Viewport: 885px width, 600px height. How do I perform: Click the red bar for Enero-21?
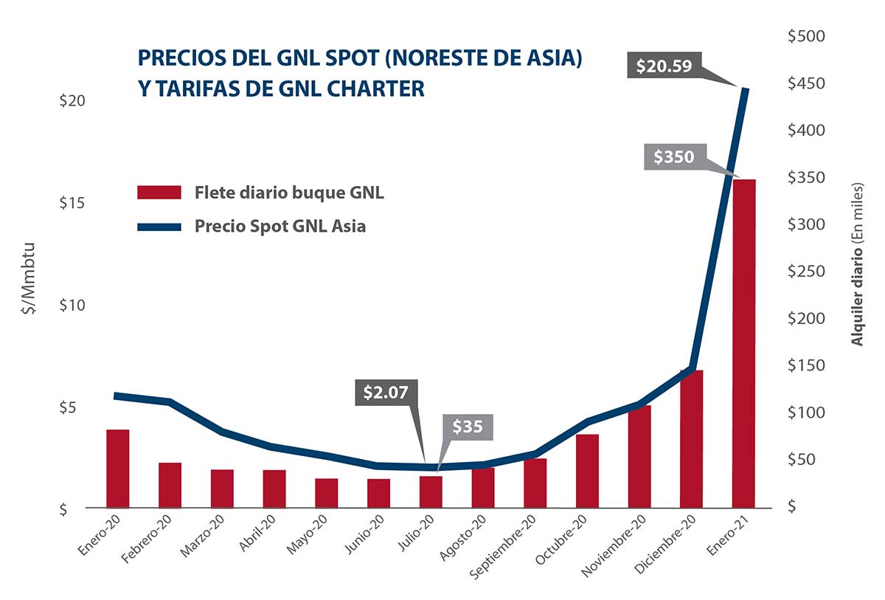[743, 343]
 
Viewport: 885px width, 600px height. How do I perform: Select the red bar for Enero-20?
[118, 469]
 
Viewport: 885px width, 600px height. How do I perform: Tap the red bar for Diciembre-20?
[692, 439]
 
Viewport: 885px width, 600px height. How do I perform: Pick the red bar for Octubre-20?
[587, 471]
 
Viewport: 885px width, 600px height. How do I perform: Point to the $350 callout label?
[674, 157]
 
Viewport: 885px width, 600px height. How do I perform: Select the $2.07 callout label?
[386, 392]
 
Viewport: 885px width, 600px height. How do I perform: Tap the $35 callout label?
[467, 427]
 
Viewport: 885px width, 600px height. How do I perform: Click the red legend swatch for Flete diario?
[159, 193]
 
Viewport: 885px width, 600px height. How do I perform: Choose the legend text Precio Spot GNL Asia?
[280, 226]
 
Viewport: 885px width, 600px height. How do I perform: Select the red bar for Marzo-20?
[222, 489]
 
